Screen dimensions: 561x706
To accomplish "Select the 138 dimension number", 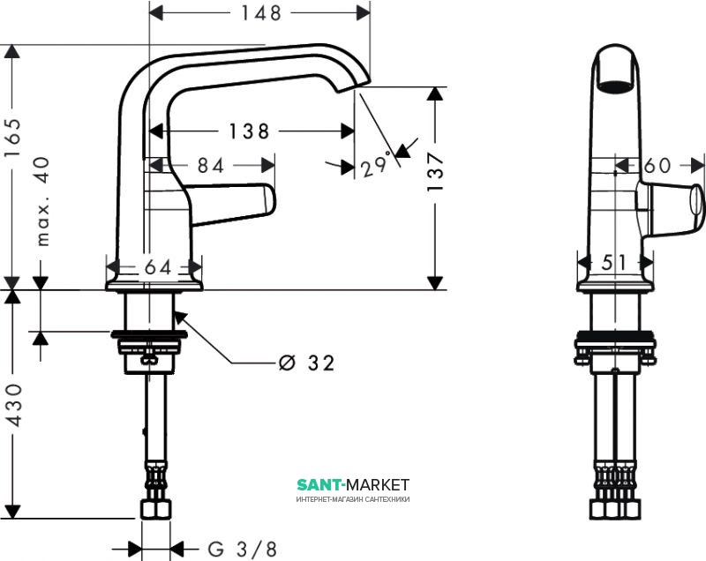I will coord(249,131).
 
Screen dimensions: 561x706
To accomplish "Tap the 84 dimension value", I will coord(209,165).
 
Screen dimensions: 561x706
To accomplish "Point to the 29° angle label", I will coord(374,165).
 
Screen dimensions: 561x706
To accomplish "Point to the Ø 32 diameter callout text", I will coord(306,363).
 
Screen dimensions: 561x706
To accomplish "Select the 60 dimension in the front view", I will coord(657,165).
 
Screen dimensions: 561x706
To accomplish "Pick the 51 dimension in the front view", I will coord(616,263).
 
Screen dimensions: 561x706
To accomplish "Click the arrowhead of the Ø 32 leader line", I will coord(178,317).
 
